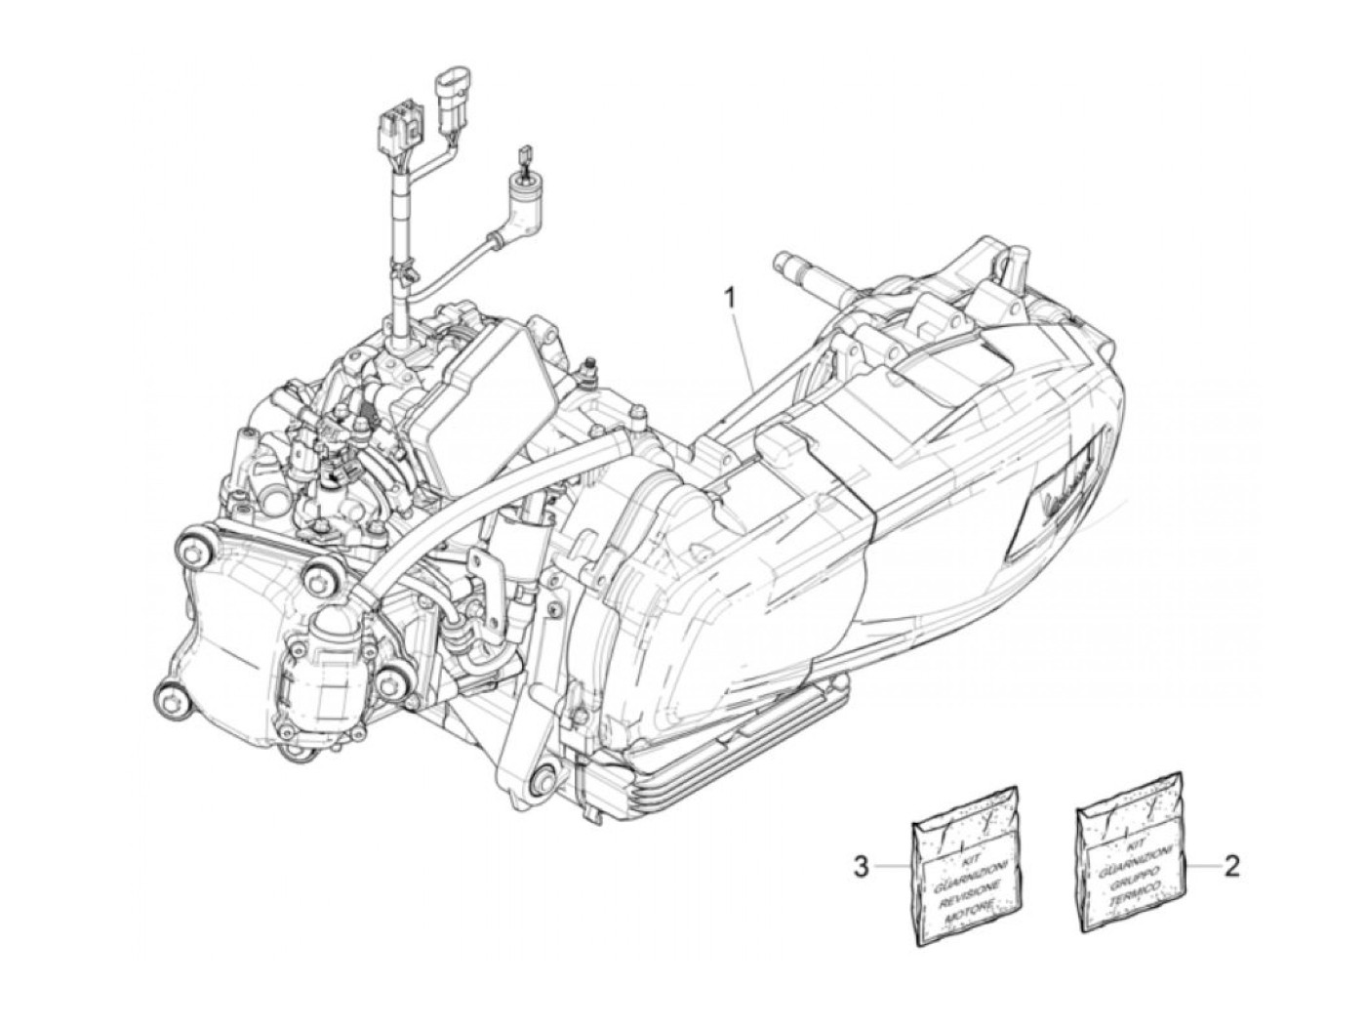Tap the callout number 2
(1232, 865)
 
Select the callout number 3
(861, 866)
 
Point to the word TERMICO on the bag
(1135, 895)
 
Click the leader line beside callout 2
(1204, 865)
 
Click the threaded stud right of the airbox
(588, 371)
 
